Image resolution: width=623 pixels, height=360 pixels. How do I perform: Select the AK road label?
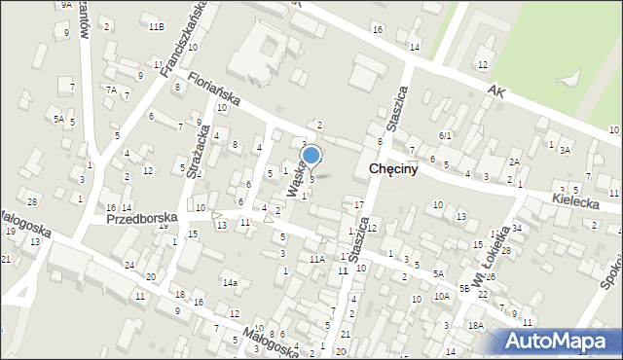point(499,90)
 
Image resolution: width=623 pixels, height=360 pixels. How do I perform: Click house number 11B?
point(156,26)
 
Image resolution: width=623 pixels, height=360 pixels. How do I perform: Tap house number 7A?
point(112,90)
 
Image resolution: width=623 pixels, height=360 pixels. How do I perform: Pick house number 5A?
point(59,119)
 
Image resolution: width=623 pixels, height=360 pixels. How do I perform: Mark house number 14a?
point(230,282)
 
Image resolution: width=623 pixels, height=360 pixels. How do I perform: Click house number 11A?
point(317,259)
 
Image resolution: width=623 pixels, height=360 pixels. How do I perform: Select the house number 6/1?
point(445,135)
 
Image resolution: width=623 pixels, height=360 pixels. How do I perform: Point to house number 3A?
point(565,150)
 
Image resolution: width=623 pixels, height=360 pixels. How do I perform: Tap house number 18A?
point(475,326)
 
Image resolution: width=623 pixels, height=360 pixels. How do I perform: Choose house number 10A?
point(442,295)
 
